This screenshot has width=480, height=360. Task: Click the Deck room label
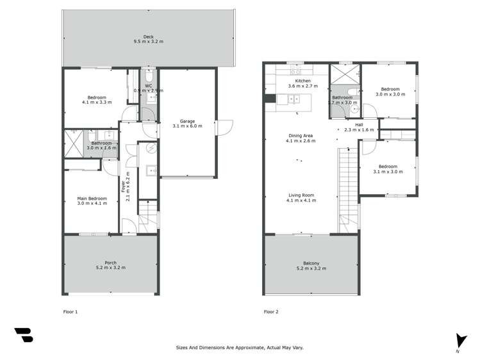coord(148,37)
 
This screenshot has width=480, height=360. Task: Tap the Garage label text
coord(187,120)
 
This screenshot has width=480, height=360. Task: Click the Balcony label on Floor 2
coord(311,263)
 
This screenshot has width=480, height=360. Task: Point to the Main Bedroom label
coord(92,199)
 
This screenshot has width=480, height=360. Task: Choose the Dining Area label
coord(301,136)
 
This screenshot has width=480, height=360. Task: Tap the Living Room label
coord(301,195)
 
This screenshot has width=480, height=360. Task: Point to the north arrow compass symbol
coord(458,341)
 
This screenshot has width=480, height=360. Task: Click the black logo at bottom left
coord(23,335)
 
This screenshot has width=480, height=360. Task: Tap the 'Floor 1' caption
coord(70,312)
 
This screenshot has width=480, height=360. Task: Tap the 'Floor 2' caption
coord(271,312)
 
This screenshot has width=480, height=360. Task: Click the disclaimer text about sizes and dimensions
coord(240,348)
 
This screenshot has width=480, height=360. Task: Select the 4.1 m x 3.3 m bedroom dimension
coord(97,102)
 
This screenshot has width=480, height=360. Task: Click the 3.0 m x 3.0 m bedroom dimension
coord(390,94)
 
